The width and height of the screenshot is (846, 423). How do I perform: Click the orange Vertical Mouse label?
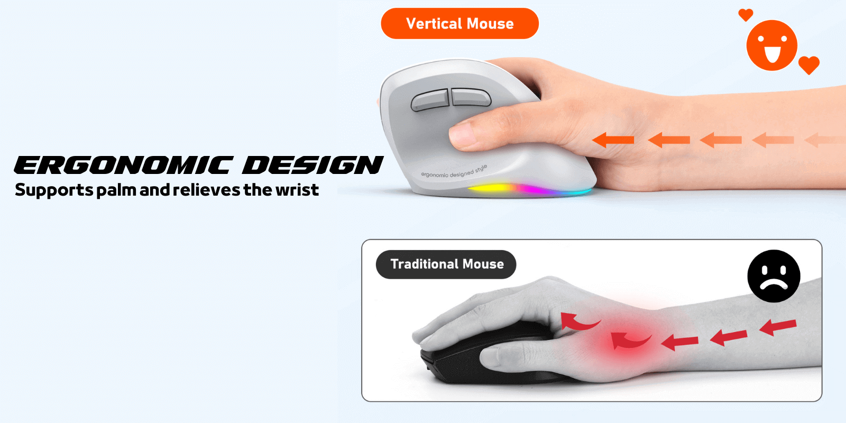pyautogui.click(x=459, y=24)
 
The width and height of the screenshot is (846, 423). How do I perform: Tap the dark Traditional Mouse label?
pyautogui.click(x=446, y=264)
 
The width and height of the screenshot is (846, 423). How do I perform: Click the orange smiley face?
pyautogui.click(x=771, y=45)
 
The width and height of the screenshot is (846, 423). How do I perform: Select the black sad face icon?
pyautogui.click(x=774, y=276)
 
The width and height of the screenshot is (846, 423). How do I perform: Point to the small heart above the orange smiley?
pyautogui.click(x=746, y=14)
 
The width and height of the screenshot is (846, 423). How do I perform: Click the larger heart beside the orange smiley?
pyautogui.click(x=808, y=65)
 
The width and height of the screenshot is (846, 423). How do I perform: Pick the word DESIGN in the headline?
pyautogui.click(x=312, y=165)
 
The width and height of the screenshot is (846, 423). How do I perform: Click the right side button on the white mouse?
pyautogui.click(x=470, y=96)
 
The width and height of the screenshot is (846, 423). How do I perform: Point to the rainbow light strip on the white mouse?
pyautogui.click(x=529, y=189)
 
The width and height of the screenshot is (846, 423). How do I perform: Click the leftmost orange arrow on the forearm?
pyautogui.click(x=613, y=140)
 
